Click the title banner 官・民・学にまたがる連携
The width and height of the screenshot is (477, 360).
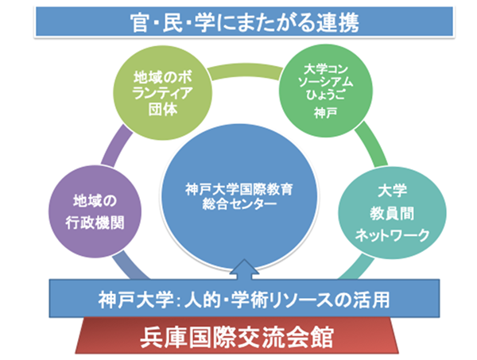click(x=244, y=22)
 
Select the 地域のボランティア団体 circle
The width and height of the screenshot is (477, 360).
click(x=162, y=93)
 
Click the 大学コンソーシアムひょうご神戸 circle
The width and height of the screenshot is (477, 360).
click(x=326, y=91)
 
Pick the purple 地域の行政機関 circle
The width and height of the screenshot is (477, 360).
click(x=95, y=211)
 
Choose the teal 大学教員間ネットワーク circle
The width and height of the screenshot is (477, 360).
click(x=392, y=213)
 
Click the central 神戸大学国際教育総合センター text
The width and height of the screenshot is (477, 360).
click(x=239, y=196)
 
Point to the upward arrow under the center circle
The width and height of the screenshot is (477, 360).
click(x=244, y=269)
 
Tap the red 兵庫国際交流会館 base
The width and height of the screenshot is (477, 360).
click(x=237, y=336)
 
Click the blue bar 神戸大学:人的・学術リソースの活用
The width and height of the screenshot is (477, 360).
click(x=244, y=298)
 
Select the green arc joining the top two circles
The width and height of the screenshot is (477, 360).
click(x=245, y=72)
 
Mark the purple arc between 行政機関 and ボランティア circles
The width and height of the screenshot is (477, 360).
click(x=116, y=146)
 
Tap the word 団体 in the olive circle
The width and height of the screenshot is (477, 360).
click(x=163, y=109)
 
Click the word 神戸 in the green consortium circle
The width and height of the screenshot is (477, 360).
click(x=326, y=113)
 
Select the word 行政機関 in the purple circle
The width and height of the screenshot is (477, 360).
click(x=95, y=223)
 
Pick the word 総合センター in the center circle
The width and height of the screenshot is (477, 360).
click(x=239, y=204)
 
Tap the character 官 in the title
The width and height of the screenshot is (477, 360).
click(x=140, y=23)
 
